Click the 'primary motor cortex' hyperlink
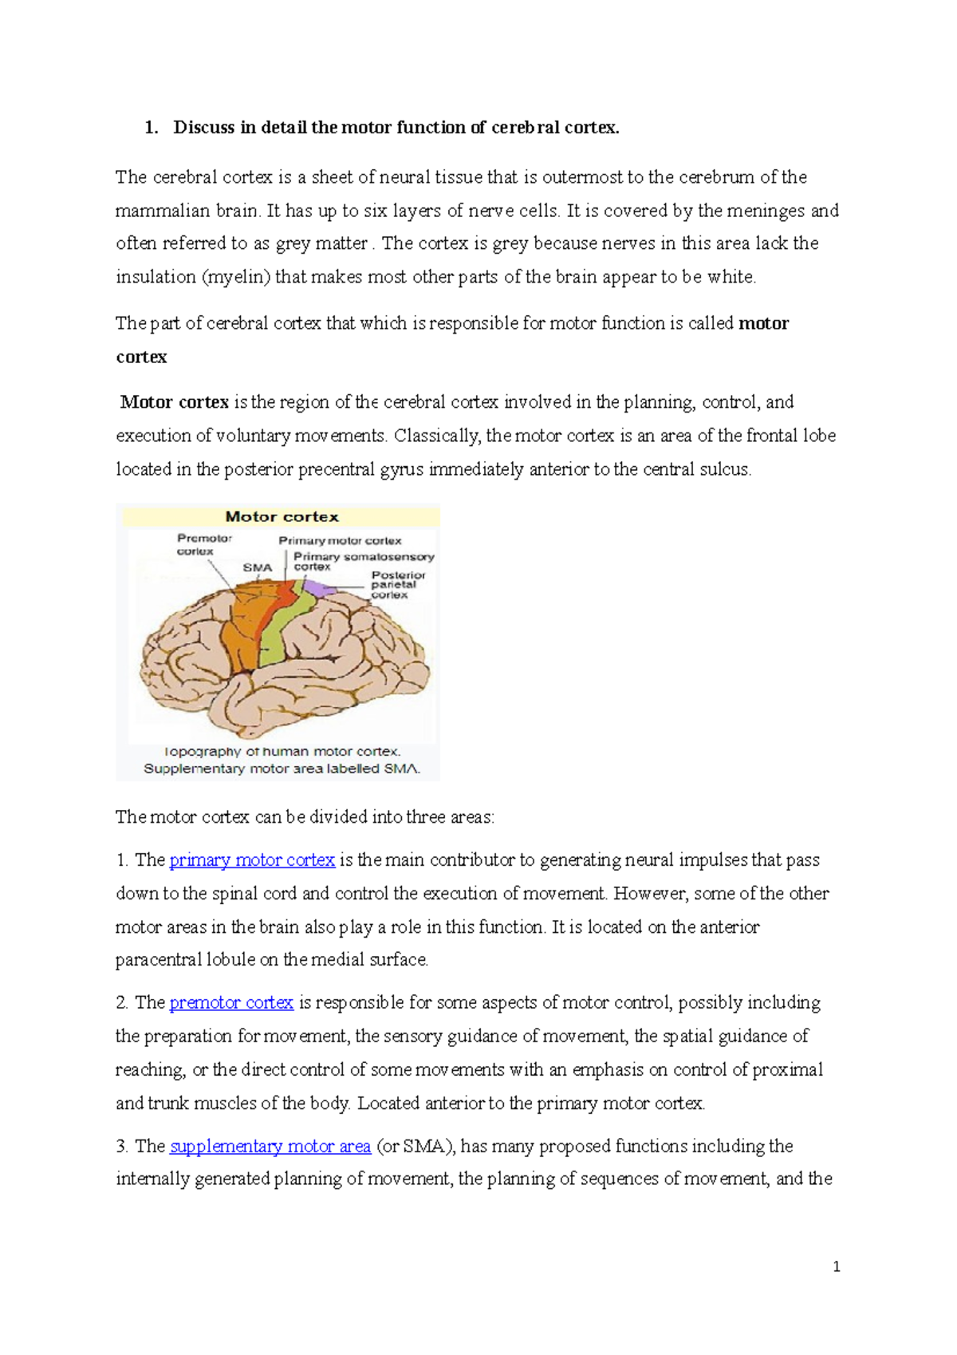252,860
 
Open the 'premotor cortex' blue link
231,1002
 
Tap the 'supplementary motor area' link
270,1147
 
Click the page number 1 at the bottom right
836,1266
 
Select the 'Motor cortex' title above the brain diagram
282,517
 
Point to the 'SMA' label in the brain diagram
257,567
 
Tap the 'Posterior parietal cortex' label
397,584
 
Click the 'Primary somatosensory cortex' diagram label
363,561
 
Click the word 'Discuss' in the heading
203,128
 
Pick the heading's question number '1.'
152,128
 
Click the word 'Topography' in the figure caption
203,752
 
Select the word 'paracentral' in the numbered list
158,960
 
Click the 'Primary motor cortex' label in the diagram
340,541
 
